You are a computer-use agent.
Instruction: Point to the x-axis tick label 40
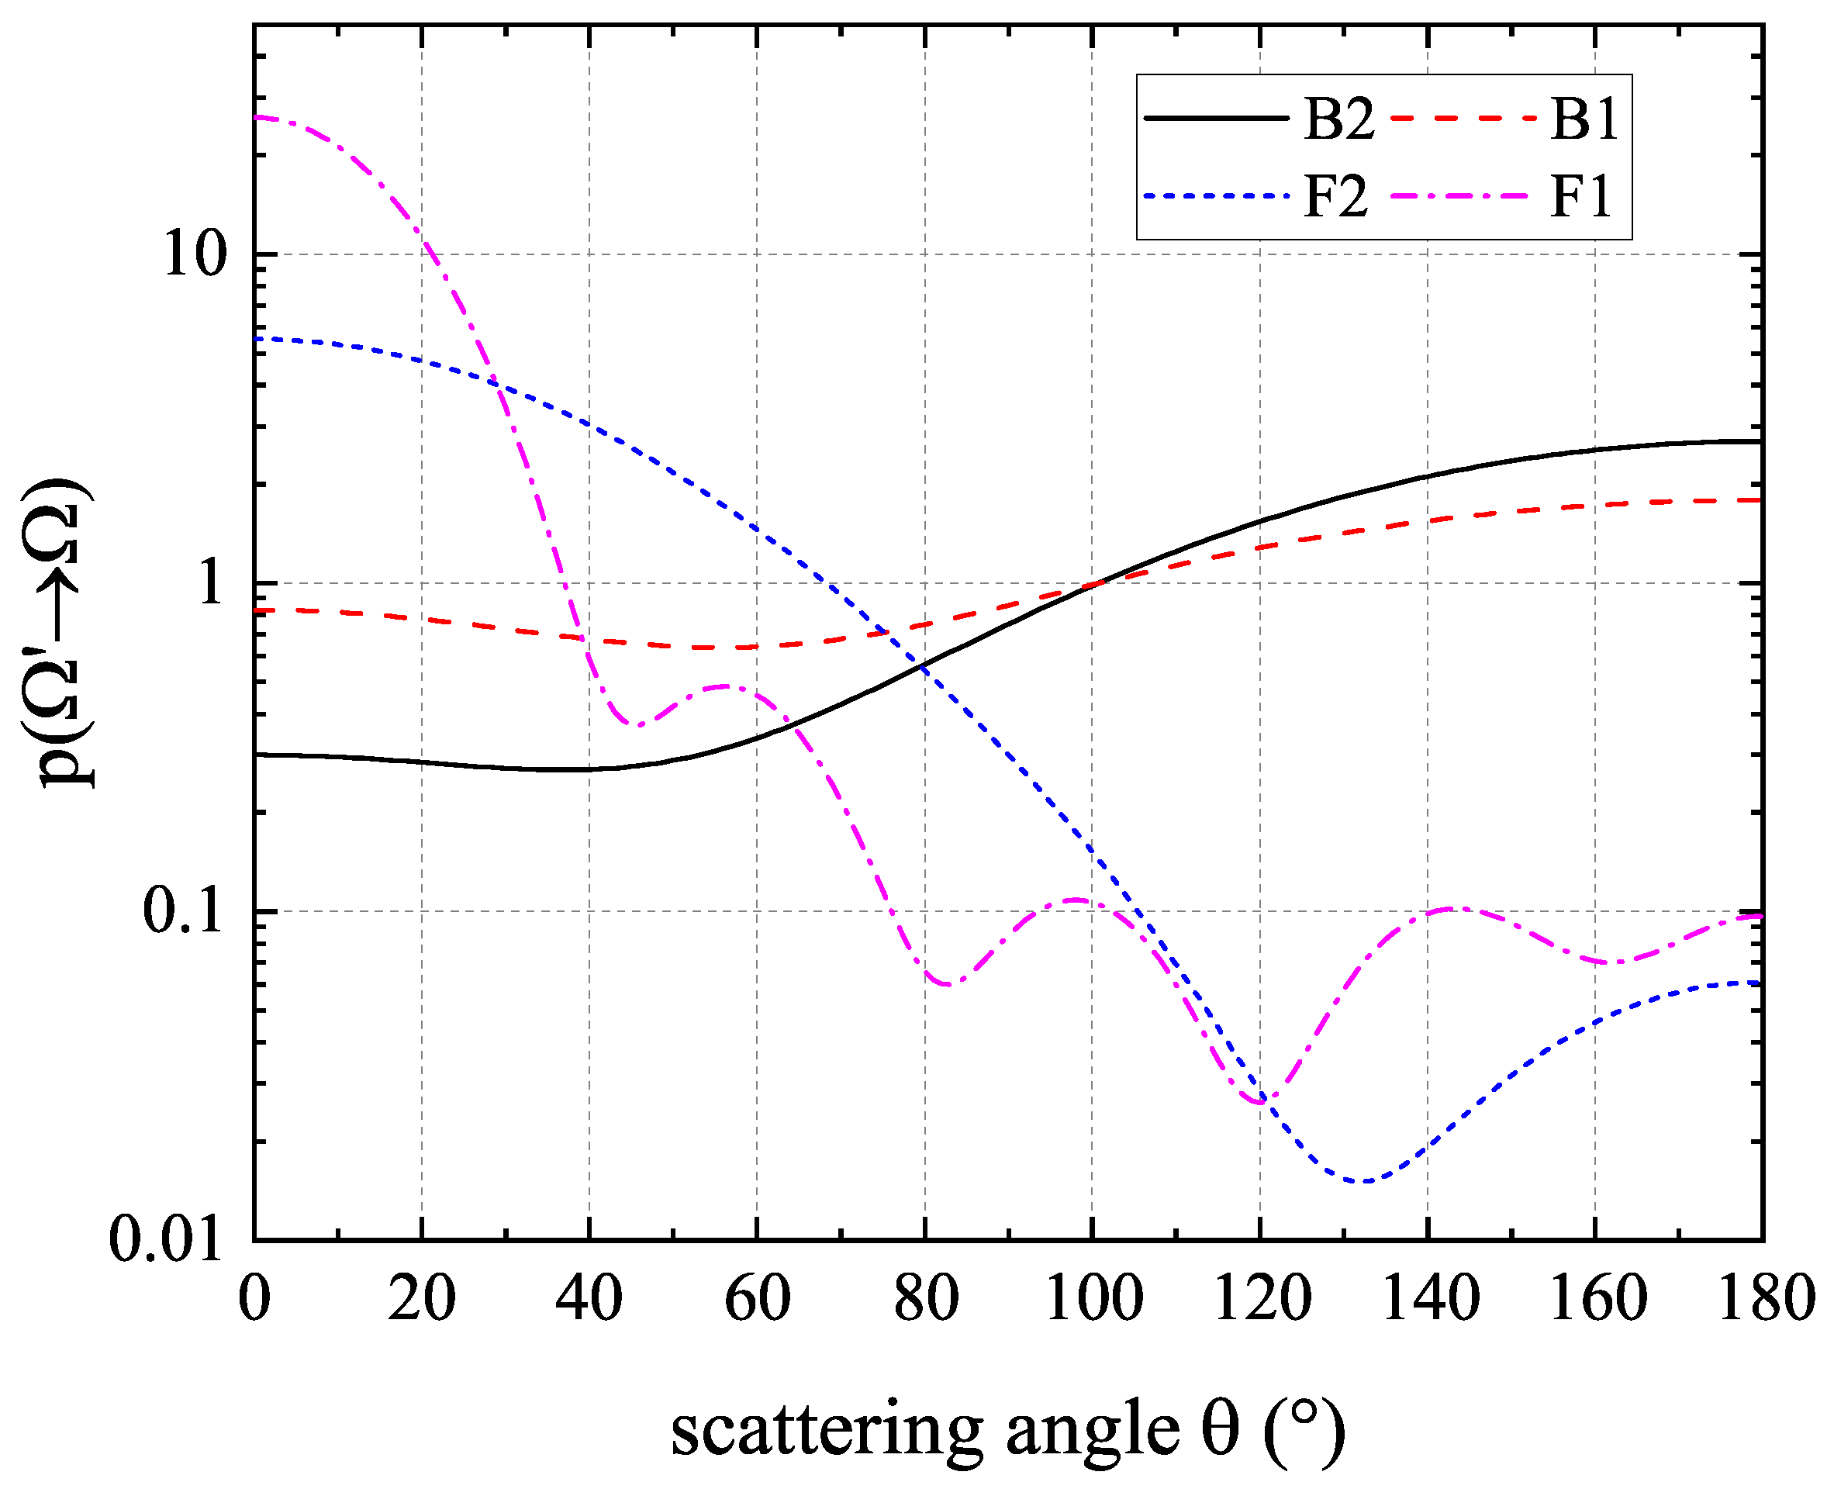(589, 1297)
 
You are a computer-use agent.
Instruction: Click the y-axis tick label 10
(192, 254)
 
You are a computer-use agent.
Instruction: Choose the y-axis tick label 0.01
(165, 1239)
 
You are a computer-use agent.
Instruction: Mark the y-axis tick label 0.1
(182, 911)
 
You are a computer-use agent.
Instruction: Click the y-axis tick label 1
(209, 583)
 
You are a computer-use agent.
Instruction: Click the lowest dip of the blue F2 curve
(1363, 1181)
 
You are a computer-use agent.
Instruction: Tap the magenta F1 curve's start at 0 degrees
(256, 116)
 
